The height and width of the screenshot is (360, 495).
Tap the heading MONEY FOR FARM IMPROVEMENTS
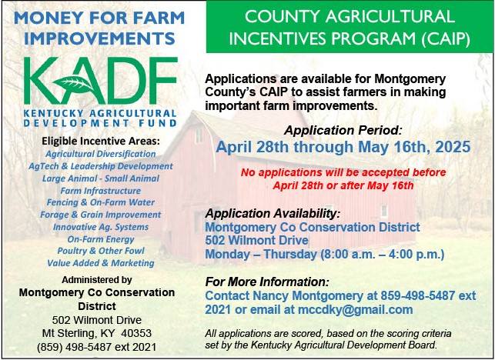pos(99,28)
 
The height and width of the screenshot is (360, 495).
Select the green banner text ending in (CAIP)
pos(350,28)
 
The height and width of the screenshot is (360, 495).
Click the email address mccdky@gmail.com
pos(355,309)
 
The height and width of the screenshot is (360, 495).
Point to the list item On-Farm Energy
pos(101,239)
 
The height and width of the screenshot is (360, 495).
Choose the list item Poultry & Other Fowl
pos(101,251)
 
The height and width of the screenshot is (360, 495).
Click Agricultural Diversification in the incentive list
pos(101,154)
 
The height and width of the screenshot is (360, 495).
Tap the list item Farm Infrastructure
pos(101,191)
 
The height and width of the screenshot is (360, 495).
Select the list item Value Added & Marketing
pos(101,263)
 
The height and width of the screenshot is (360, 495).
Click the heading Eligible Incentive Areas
pos(101,141)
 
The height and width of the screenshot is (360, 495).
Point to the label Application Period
pos(343,130)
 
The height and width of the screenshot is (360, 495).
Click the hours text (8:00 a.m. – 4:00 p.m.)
pos(383,254)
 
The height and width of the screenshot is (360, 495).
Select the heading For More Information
pos(267,282)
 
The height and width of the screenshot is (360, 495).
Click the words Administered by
pos(96,280)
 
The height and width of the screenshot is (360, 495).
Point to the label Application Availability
pos(273,214)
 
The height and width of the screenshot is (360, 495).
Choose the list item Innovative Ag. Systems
pos(101,227)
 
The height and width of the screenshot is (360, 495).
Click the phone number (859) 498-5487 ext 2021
pos(96,347)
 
